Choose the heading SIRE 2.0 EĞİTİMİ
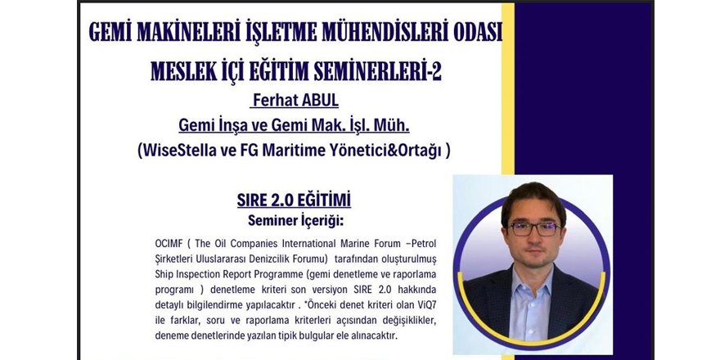[x=294, y=200]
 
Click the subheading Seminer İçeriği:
[x=295, y=220]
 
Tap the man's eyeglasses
[x=533, y=228]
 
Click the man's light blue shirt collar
[x=533, y=281]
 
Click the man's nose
[x=533, y=239]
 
